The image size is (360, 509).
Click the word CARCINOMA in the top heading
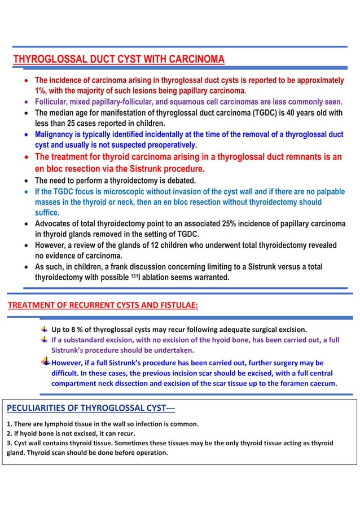(x=193, y=59)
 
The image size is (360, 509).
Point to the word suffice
(x=47, y=213)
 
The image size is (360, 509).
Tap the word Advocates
(x=58, y=225)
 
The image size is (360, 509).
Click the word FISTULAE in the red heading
(x=173, y=306)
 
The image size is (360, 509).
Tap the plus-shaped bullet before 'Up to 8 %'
(x=43, y=328)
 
